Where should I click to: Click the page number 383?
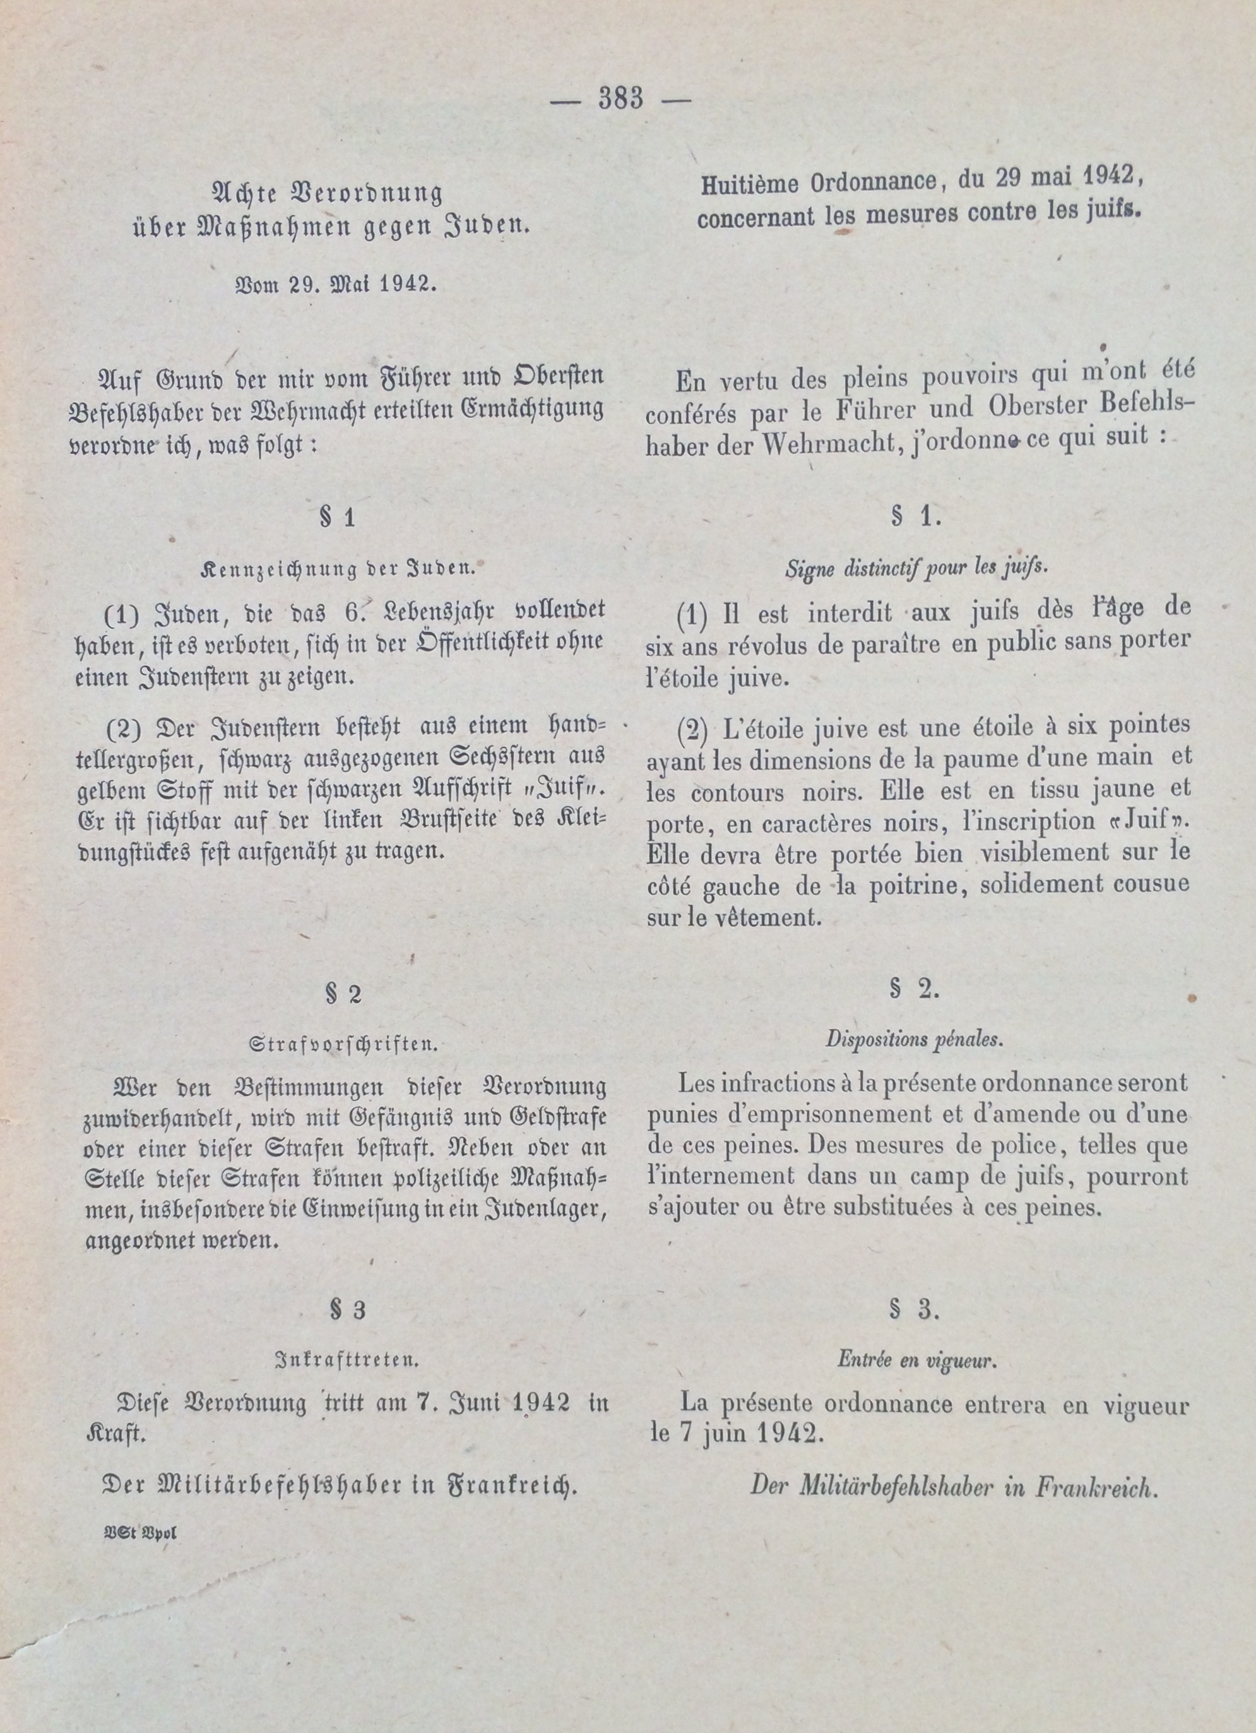click(621, 99)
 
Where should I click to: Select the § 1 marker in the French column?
click(915, 517)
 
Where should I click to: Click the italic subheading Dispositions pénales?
click(915, 1039)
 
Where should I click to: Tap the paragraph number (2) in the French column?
click(692, 730)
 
